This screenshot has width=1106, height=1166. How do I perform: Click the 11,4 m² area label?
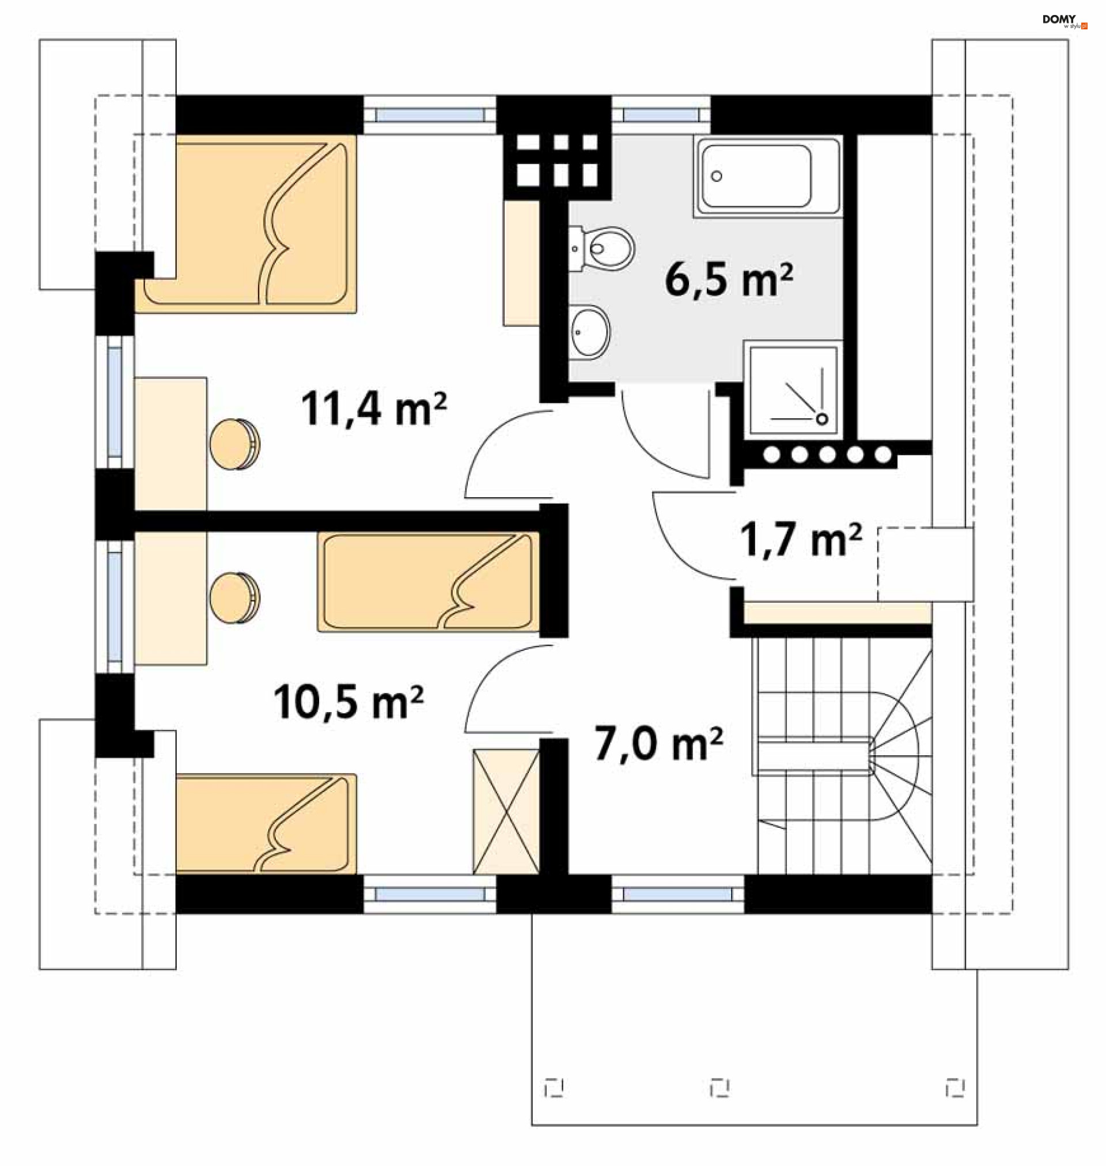pyautogui.click(x=374, y=408)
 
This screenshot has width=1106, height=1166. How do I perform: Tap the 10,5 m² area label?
pyautogui.click(x=349, y=702)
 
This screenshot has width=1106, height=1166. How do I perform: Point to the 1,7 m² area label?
pyautogui.click(x=801, y=539)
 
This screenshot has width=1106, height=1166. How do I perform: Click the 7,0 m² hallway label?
pyautogui.click(x=659, y=743)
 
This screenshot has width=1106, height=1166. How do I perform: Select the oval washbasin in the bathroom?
pyautogui.click(x=590, y=332)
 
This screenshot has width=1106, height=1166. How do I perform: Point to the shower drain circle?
pyautogui.click(x=822, y=419)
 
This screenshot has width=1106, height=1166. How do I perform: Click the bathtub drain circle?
pyautogui.click(x=717, y=176)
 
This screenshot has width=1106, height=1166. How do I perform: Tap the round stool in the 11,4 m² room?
pyautogui.click(x=234, y=444)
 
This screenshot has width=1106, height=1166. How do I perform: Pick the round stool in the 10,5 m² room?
pyautogui.click(x=234, y=598)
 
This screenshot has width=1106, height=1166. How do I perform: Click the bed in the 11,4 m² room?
pyautogui.click(x=246, y=224)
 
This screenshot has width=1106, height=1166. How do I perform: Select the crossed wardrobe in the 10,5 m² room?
pyautogui.click(x=506, y=811)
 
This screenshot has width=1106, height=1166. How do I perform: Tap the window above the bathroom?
pyautogui.click(x=661, y=115)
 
